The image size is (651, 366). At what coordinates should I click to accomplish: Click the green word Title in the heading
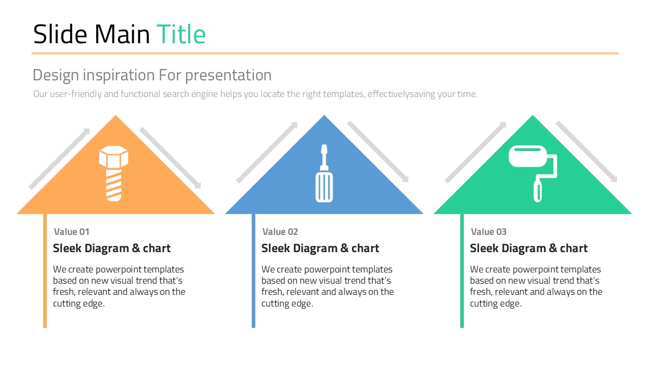(181, 34)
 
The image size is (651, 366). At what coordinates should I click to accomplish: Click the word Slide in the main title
(60, 34)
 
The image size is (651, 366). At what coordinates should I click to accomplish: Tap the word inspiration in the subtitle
(119, 76)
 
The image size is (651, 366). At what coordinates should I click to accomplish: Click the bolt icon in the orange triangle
(113, 173)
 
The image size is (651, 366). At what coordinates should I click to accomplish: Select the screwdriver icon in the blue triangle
(324, 173)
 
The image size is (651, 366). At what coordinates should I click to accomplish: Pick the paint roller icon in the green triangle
(532, 173)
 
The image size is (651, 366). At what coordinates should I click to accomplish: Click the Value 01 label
(72, 232)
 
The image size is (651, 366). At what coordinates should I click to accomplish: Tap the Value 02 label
(280, 232)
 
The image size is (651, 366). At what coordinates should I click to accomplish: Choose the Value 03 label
(489, 232)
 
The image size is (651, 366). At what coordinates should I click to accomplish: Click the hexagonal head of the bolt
(113, 157)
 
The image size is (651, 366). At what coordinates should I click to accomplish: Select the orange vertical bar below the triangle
(45, 271)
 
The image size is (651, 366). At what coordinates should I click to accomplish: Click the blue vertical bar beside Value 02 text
(253, 271)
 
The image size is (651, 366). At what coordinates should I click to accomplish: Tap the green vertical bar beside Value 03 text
(462, 271)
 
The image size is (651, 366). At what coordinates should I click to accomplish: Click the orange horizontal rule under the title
(325, 53)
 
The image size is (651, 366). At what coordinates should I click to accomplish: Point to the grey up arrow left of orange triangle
(60, 159)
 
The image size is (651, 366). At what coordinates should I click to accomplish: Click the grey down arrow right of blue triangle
(378, 151)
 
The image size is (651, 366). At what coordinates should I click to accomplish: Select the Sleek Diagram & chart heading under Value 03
(528, 249)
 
